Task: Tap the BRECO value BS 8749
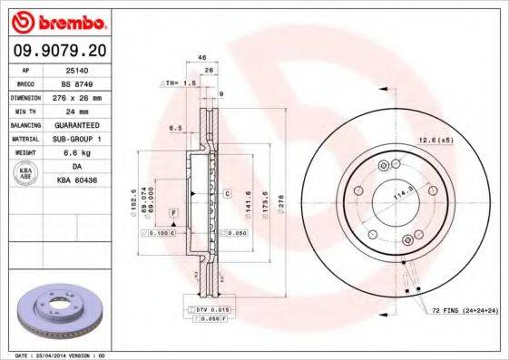click(83, 83)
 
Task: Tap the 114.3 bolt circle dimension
click(397, 192)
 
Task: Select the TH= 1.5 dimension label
click(181, 83)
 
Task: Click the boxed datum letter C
click(225, 193)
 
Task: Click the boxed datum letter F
click(172, 212)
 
